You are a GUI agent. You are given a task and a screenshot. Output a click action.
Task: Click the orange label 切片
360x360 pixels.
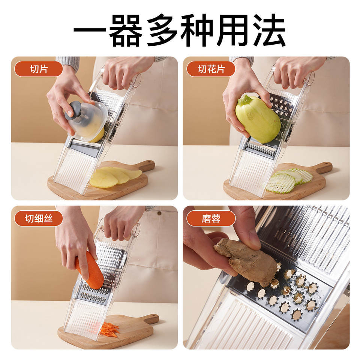(39, 69)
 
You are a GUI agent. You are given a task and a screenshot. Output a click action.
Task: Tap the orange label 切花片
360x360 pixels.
(211, 69)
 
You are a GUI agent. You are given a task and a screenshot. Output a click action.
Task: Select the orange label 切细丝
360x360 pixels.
(39, 218)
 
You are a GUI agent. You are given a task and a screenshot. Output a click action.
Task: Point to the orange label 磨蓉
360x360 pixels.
(211, 218)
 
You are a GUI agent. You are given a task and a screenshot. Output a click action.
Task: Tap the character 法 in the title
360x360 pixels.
(270, 30)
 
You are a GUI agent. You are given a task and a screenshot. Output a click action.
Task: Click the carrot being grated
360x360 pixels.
(90, 270)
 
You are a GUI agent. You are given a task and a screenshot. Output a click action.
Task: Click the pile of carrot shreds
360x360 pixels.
(110, 329)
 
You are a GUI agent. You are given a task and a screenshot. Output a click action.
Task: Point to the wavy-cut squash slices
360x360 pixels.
(289, 180)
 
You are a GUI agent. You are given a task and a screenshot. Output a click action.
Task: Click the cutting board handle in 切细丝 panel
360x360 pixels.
(149, 319)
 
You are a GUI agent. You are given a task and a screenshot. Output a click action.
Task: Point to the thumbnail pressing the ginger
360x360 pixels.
(255, 241)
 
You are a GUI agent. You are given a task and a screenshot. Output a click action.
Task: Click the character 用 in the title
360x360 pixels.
(234, 30)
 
